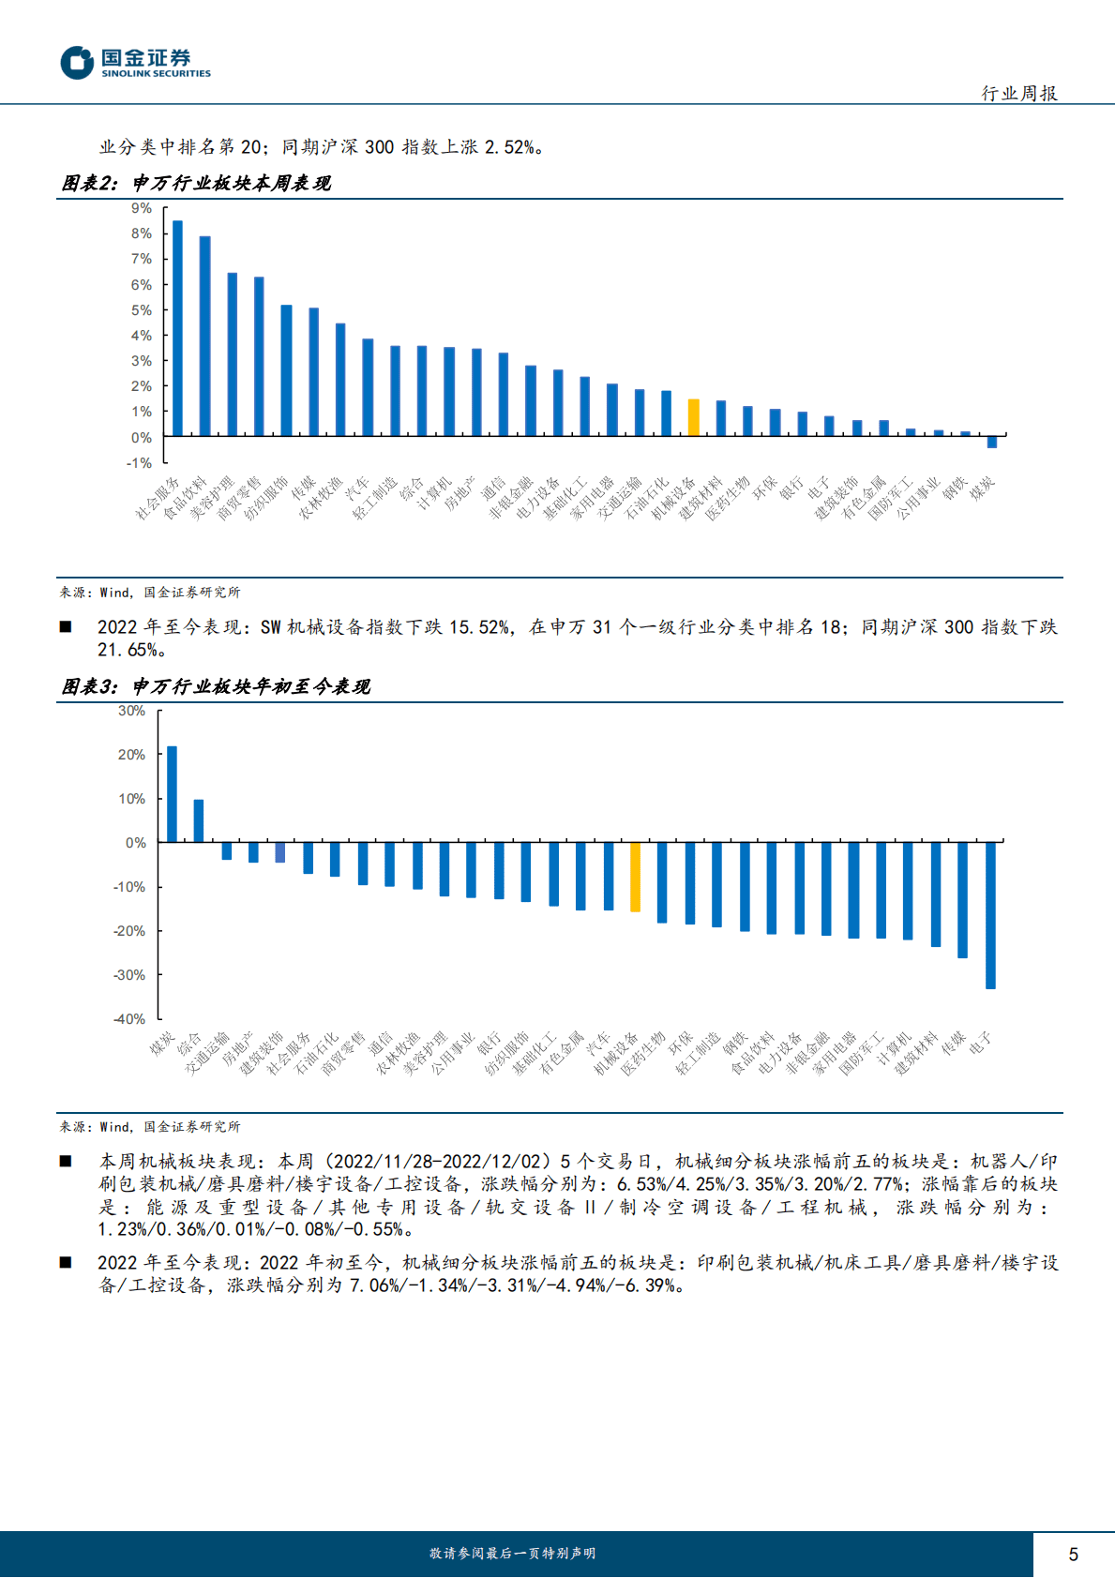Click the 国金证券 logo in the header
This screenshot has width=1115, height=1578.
point(135,63)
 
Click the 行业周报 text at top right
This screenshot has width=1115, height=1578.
point(1019,93)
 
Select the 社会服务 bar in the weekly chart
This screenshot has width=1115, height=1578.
point(177,328)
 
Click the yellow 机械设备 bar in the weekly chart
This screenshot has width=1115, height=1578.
point(694,417)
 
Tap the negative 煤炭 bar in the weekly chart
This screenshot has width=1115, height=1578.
point(992,442)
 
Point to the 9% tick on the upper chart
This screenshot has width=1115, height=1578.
point(142,208)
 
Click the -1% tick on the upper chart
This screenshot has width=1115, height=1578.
point(139,463)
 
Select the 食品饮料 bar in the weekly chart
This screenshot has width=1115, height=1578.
point(204,336)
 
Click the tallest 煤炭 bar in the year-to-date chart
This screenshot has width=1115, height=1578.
point(172,794)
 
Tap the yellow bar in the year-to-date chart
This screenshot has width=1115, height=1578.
point(635,877)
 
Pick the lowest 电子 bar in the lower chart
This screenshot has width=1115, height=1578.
point(990,915)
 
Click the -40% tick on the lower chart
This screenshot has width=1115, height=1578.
point(129,1019)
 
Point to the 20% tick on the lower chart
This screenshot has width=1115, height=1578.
point(131,755)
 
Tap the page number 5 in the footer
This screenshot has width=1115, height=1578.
point(1073,1555)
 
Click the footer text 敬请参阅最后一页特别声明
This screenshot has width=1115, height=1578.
point(512,1554)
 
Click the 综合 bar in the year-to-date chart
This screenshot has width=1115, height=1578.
point(199,820)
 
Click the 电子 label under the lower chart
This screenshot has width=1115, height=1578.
point(980,1044)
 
